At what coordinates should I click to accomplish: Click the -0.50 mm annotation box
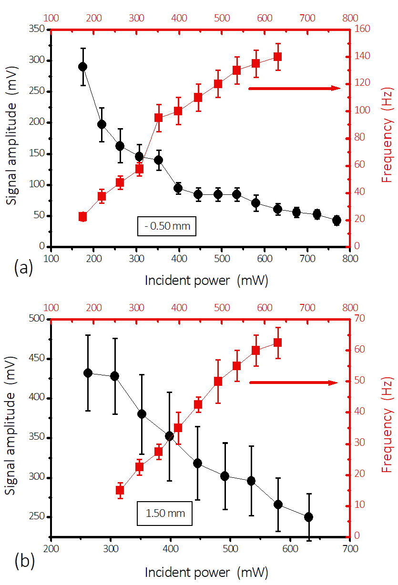[x=167, y=226]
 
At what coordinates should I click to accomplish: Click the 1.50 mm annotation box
[x=165, y=514]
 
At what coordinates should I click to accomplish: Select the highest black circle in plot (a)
[x=82, y=67]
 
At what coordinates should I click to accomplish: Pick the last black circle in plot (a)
[x=337, y=220]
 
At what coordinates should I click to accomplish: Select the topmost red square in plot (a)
[x=277, y=57]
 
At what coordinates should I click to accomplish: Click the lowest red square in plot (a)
[x=82, y=217]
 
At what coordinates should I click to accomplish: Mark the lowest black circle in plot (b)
[x=308, y=517]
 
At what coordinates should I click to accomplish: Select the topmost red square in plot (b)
[x=277, y=343]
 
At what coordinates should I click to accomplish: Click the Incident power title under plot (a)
[x=206, y=281]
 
